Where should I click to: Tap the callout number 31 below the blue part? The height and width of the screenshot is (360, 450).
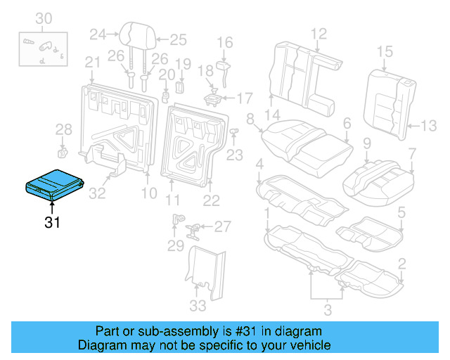click(52, 224)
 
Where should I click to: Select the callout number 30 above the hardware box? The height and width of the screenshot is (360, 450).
click(44, 18)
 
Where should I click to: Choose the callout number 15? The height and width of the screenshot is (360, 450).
click(385, 51)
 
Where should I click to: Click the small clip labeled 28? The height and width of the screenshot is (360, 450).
click(62, 150)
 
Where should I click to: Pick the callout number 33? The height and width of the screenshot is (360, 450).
click(199, 305)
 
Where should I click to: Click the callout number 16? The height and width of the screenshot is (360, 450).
click(224, 43)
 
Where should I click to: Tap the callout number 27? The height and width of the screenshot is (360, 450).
click(223, 226)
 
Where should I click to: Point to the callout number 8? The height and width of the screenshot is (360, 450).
click(250, 120)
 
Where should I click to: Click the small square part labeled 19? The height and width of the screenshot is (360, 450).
click(179, 86)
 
